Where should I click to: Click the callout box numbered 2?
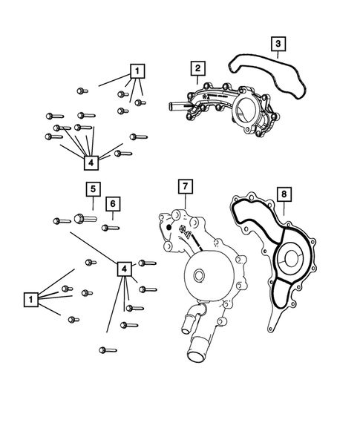[x=197, y=69]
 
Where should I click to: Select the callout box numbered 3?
[x=277, y=45]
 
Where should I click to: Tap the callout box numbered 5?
[x=93, y=189]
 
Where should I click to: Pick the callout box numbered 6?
[x=113, y=203]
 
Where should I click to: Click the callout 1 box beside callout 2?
[x=137, y=71]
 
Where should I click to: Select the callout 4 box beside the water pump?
[x=125, y=268]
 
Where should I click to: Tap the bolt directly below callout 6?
[x=111, y=227]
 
